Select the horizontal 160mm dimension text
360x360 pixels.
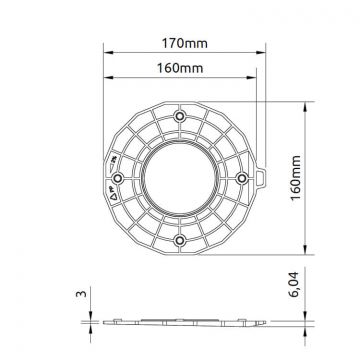177,69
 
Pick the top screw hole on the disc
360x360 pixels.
179,116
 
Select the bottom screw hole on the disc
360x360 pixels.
179,240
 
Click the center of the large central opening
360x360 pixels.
179,178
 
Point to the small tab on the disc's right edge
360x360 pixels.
262,176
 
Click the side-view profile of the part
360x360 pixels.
180,321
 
